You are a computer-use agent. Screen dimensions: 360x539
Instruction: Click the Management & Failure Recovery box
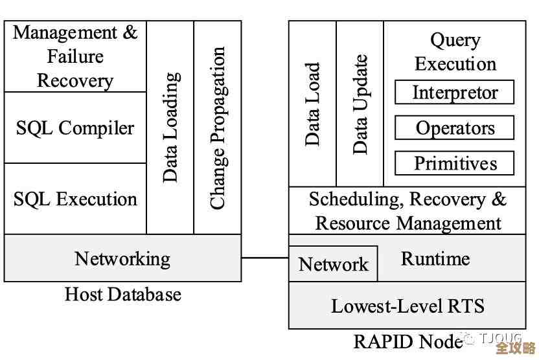75,56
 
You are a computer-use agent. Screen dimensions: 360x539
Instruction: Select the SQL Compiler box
75,128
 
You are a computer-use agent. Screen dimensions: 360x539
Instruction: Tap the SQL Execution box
75,198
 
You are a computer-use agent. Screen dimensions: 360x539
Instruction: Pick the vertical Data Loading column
170,127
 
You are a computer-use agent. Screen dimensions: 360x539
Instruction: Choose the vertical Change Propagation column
218,127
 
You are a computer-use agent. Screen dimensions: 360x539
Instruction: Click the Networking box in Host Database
122,258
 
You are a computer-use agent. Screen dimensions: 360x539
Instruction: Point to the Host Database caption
122,295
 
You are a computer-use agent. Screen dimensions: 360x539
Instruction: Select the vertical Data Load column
312,104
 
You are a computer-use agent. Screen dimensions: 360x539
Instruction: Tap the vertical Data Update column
360,104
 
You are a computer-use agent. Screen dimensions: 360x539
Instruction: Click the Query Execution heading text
455,52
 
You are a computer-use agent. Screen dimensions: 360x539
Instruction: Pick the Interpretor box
455,93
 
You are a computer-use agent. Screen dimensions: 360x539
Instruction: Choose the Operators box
455,128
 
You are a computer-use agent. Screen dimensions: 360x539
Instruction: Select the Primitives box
455,163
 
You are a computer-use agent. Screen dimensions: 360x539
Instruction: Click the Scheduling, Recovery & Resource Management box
407,211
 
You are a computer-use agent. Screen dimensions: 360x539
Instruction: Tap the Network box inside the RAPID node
333,264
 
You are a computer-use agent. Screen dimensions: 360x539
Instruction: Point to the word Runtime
435,258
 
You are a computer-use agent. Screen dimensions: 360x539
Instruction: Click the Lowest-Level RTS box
407,306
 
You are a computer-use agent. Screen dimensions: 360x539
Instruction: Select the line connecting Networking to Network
265,258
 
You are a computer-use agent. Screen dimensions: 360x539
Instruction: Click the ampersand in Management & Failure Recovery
130,33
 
